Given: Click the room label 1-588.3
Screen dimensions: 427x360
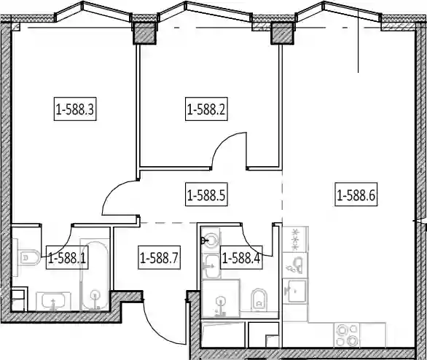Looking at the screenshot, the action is click(x=75, y=109).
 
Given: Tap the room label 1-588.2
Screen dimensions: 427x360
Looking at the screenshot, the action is click(x=206, y=109).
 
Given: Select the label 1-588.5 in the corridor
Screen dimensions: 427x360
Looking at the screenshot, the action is click(x=206, y=195).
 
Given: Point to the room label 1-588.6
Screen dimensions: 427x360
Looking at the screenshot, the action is click(x=356, y=195).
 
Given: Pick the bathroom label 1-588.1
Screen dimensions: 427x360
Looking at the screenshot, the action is click(x=67, y=257).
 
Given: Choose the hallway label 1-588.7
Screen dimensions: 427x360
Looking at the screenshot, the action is click(x=159, y=257).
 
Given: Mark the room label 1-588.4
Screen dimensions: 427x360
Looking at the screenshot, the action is click(x=241, y=257).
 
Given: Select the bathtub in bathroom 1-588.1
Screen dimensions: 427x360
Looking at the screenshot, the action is click(x=95, y=275).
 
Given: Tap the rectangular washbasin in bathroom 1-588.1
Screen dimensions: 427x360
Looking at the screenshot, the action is click(x=53, y=301).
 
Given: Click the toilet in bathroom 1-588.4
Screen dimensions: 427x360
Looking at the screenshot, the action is click(x=259, y=299).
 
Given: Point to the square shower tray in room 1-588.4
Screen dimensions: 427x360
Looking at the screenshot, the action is click(x=221, y=299).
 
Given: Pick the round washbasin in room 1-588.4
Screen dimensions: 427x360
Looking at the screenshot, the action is click(x=211, y=240).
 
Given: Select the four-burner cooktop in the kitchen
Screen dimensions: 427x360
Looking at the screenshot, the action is click(x=347, y=335).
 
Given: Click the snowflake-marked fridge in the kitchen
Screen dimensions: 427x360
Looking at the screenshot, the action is click(x=295, y=239).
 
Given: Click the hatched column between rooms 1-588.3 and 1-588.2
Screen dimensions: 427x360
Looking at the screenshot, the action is click(x=144, y=33).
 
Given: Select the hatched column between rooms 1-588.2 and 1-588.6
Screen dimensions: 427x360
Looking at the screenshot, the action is click(x=283, y=33).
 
